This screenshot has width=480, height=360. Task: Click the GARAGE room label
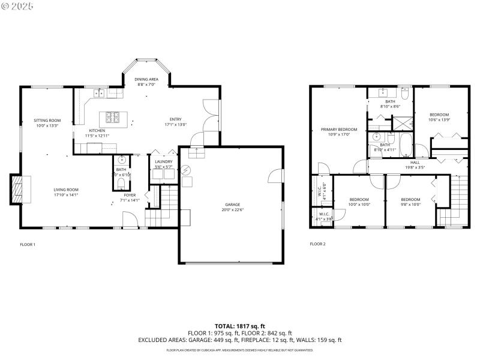[x=232, y=205]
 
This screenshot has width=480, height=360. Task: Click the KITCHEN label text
[x=97, y=130]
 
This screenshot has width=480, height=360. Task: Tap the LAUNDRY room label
[x=163, y=161]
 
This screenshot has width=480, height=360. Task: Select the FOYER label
[x=130, y=195]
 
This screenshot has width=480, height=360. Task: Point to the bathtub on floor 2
[x=406, y=145]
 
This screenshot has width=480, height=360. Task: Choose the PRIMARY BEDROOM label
[x=338, y=130]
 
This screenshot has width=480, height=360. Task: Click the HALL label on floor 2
[x=415, y=162]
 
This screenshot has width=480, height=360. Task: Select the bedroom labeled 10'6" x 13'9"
[x=439, y=115]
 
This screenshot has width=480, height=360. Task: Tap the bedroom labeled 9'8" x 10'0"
[x=410, y=199]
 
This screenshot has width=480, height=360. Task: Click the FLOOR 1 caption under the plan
[x=28, y=244]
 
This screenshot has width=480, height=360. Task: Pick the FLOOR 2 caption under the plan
[x=317, y=244]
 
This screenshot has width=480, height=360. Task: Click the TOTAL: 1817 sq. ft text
[x=239, y=326]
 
